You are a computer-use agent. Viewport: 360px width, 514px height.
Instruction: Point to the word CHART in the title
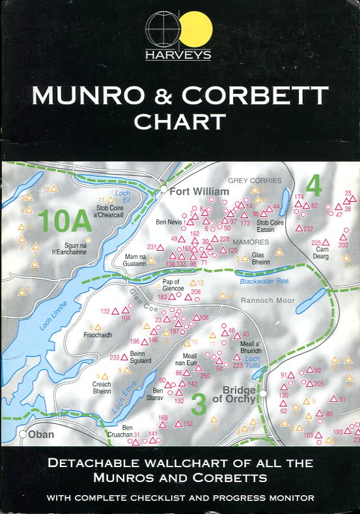[180, 121]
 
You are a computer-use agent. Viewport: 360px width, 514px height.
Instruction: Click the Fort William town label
[199, 192]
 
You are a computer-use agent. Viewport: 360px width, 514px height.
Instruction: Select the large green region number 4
[314, 187]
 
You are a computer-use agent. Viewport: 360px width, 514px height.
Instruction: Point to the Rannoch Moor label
[268, 301]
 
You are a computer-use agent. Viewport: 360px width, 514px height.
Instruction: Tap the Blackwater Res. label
[264, 281]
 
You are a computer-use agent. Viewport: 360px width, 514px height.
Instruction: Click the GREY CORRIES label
[255, 180]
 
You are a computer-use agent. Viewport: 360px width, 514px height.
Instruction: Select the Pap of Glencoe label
[174, 285]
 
